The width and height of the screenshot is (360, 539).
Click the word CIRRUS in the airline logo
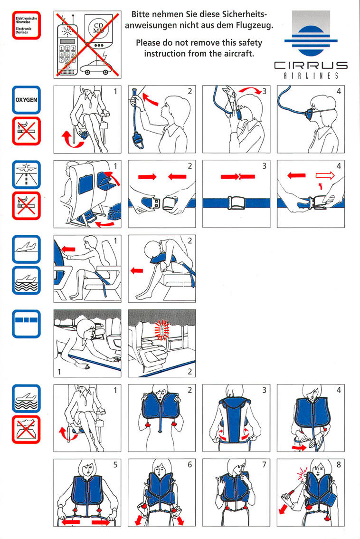311,65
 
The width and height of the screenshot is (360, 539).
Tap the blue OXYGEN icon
27,100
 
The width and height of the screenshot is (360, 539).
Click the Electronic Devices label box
27,26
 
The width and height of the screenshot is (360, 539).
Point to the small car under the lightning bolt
96,67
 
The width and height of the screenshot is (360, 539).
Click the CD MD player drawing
99,32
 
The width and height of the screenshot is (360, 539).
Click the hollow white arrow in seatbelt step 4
325,176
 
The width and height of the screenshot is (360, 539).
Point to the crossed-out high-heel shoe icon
27,429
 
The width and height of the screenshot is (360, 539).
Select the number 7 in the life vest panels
264,465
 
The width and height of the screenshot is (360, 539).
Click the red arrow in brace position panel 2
137,271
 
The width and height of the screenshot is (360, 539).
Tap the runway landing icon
27,174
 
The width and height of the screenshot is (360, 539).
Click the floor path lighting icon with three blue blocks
27,324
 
